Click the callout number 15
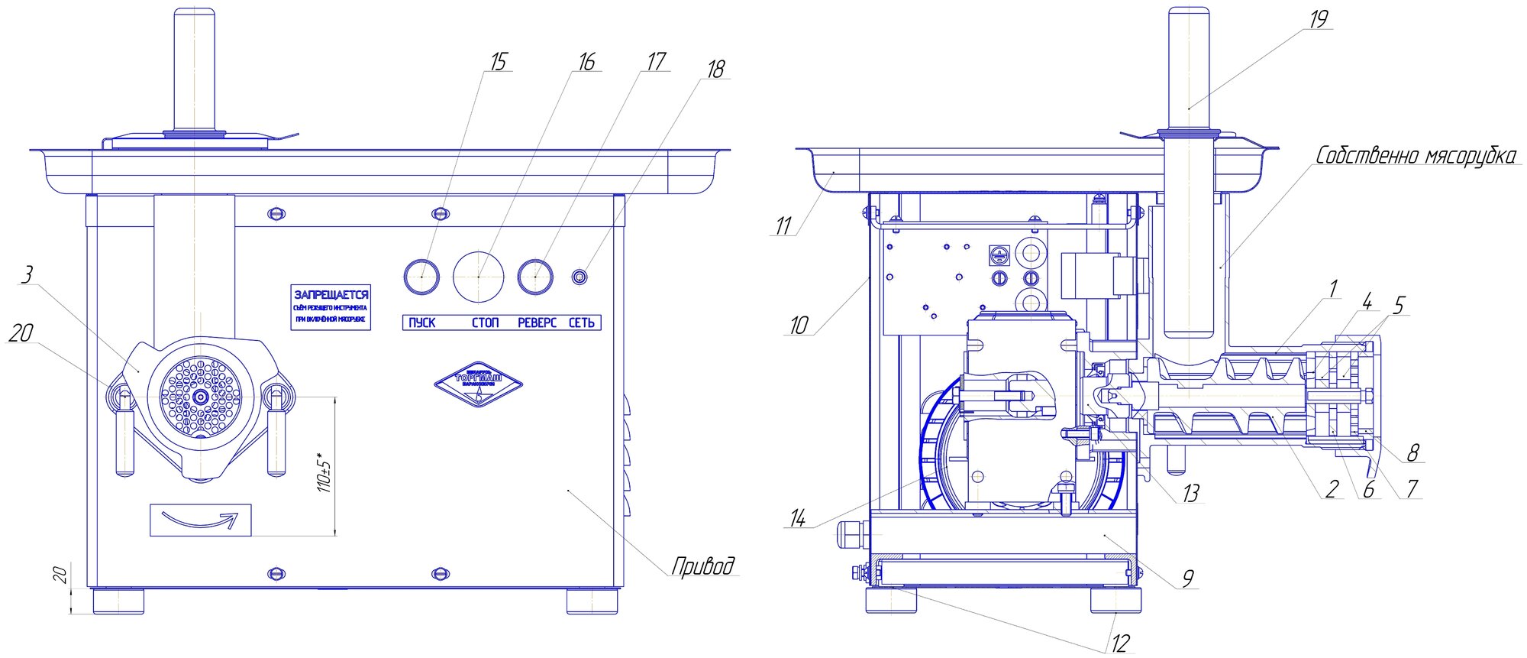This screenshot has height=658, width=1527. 498,62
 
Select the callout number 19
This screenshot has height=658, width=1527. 1318,19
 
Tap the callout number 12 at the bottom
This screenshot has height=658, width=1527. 1119,643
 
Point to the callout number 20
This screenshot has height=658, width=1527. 21,332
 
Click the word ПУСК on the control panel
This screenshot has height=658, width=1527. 421,323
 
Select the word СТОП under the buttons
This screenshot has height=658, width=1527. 485,323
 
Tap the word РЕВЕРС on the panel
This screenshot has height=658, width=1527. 537,323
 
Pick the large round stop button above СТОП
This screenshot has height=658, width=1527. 479,275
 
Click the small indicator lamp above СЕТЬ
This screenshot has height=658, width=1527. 580,276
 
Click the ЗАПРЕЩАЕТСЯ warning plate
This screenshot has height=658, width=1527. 331,306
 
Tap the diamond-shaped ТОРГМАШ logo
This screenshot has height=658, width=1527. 478,384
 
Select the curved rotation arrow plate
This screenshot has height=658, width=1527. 201,520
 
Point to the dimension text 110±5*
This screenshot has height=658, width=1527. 325,475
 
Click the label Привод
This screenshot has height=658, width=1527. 703,566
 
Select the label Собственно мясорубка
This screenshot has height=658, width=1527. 1415,156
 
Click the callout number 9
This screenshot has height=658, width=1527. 1187,579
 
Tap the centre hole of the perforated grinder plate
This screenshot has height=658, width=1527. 200,397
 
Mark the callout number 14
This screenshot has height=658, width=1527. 797,519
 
